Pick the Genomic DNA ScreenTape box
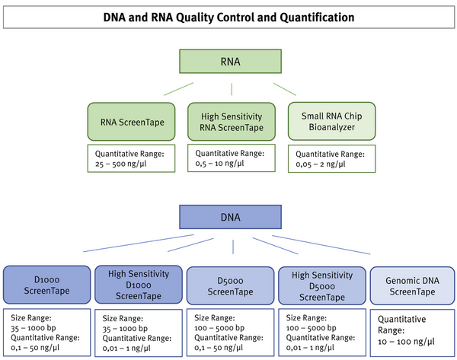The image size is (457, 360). coord(413,285)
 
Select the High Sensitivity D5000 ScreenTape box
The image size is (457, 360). coord(322,285)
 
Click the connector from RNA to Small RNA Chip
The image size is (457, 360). coord(285,89)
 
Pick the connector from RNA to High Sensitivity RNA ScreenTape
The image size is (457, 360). coord(229,89)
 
